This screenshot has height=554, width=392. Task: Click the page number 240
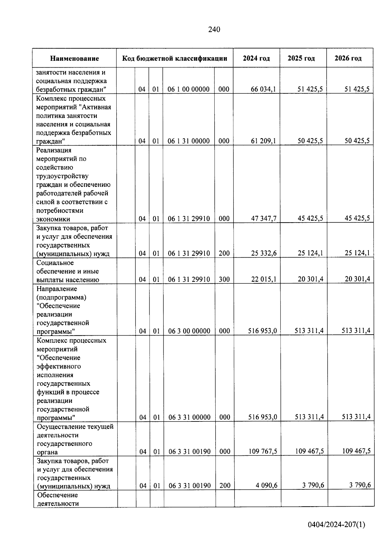(x=214, y=30)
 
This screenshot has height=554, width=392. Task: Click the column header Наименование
(x=74, y=59)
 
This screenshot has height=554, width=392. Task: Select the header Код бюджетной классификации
(x=174, y=58)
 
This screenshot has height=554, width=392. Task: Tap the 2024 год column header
(x=256, y=58)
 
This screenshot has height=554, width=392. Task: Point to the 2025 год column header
(x=301, y=58)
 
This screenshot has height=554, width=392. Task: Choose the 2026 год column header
(x=348, y=58)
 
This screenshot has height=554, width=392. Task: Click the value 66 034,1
(x=263, y=89)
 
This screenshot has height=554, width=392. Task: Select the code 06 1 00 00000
(x=188, y=89)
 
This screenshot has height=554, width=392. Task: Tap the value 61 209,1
(x=263, y=141)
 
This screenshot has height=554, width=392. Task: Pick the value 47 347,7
(x=263, y=219)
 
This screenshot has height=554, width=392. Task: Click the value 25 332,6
(x=264, y=253)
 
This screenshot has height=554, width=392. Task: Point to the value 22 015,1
(x=264, y=279)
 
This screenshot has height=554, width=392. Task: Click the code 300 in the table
(x=224, y=279)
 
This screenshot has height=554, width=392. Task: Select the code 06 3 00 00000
(x=189, y=331)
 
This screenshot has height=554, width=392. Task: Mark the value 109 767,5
(x=263, y=451)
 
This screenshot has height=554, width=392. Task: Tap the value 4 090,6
(x=267, y=486)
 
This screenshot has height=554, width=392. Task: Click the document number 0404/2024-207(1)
(x=336, y=525)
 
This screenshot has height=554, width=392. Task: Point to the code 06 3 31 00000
(x=189, y=417)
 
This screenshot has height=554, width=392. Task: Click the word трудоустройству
(x=62, y=176)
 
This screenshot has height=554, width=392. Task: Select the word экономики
(x=53, y=219)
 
